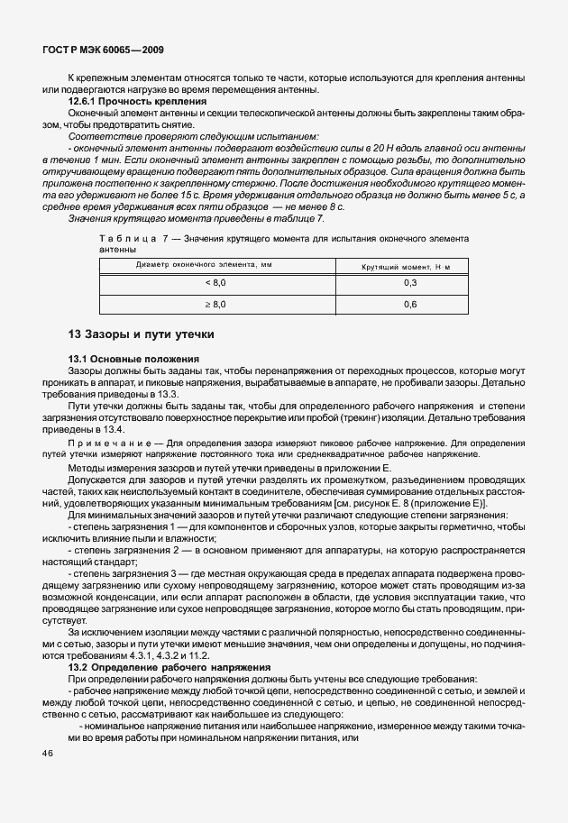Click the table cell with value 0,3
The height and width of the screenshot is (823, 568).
pyautogui.click(x=410, y=282)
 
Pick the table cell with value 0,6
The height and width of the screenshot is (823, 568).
pyautogui.click(x=410, y=305)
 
